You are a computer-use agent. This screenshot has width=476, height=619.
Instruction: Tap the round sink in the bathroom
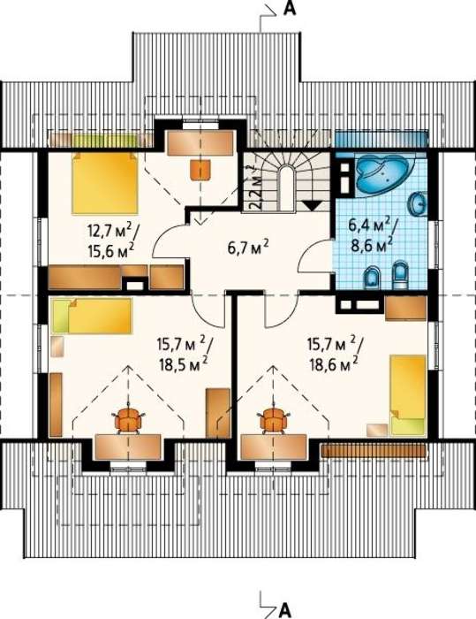click(419, 203)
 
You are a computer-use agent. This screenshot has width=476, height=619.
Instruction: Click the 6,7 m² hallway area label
click(248, 248)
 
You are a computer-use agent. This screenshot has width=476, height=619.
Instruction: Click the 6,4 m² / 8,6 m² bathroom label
click(372, 235)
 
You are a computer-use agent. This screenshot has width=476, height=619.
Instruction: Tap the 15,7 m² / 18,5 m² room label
click(185, 354)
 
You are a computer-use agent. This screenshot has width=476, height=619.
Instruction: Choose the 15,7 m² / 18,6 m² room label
click(335, 354)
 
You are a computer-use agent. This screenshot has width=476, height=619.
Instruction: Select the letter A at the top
click(290, 9)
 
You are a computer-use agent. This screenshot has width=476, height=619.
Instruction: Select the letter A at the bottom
click(284, 610)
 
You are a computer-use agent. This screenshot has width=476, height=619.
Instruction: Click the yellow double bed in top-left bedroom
click(105, 184)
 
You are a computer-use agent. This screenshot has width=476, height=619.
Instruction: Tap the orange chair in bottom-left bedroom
click(128, 421)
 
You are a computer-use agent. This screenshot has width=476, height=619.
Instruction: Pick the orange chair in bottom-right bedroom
click(273, 421)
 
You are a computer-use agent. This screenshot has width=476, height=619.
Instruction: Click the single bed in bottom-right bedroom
click(408, 395)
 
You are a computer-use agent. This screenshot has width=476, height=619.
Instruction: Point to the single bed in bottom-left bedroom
click(92, 316)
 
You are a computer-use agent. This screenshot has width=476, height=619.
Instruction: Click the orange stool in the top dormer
click(201, 170)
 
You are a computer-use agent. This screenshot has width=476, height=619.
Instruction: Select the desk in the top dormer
click(200, 142)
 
